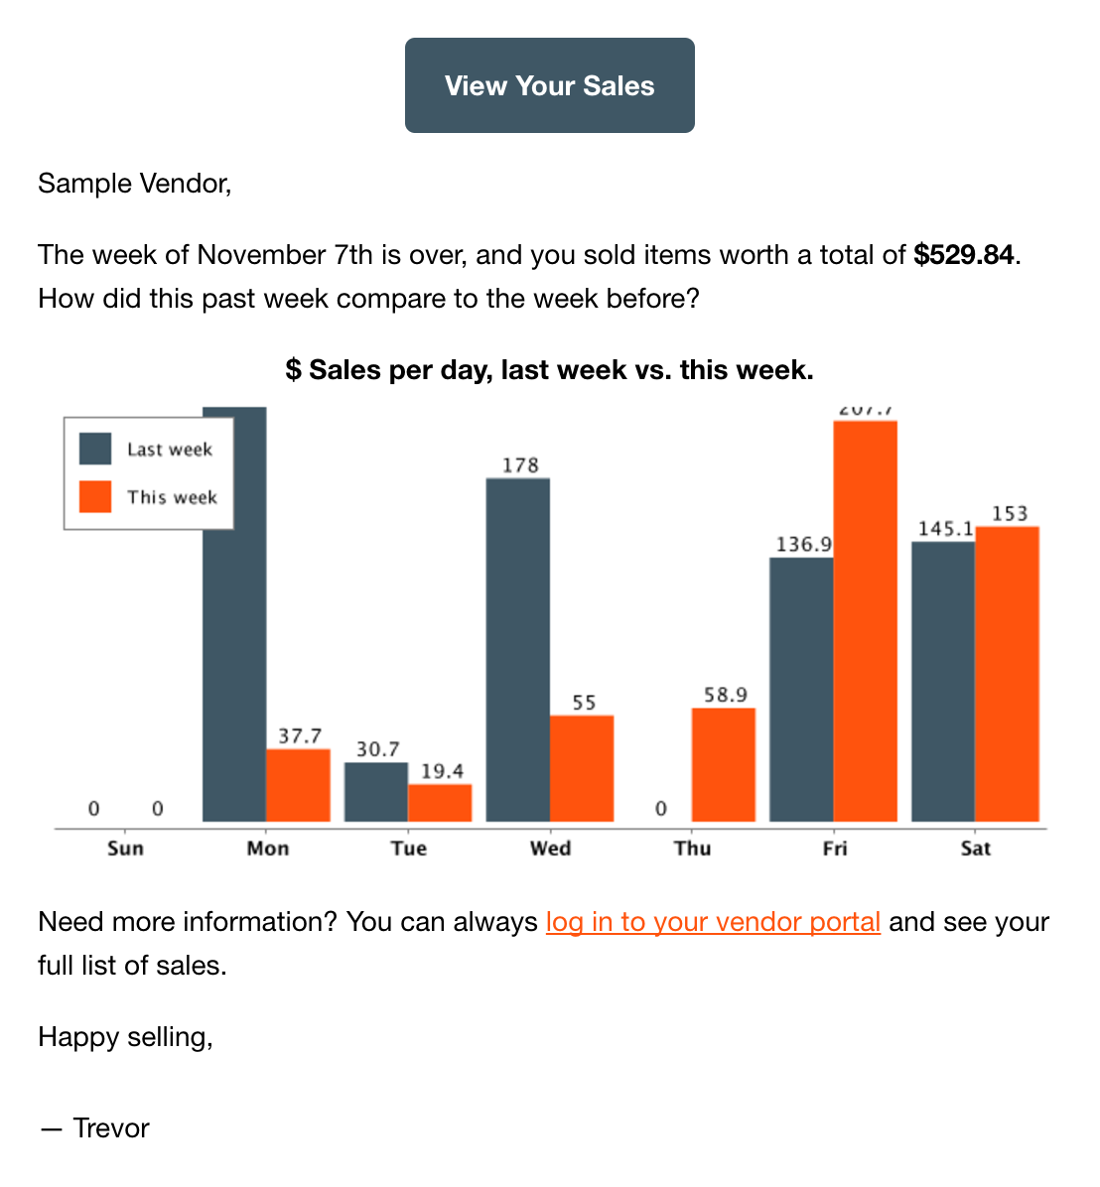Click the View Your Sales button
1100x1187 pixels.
point(549,85)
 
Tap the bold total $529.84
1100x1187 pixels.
point(964,255)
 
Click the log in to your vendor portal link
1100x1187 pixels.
point(713,922)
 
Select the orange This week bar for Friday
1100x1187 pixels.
point(865,621)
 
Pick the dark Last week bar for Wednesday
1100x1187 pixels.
point(517,650)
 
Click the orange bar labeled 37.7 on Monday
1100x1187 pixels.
point(298,785)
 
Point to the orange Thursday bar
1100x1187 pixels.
point(723,764)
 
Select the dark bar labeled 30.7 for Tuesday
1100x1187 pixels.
point(376,792)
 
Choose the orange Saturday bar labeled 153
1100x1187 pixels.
point(1007,674)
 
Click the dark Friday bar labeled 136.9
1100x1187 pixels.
point(801,690)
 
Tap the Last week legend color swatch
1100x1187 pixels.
point(95,449)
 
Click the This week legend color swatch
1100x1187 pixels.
point(95,496)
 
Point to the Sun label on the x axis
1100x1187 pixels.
point(125,849)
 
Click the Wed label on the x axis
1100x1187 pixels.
point(550,849)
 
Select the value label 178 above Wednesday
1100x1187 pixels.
point(520,464)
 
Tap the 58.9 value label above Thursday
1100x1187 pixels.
point(725,695)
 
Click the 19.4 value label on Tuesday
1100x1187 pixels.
point(442,771)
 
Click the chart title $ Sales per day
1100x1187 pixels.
point(549,370)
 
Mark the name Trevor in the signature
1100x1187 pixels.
point(111,1128)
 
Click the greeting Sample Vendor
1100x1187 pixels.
point(134,184)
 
